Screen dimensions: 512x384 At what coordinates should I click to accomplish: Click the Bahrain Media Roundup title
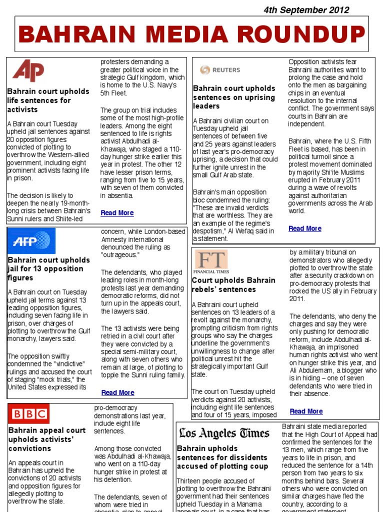(x=191, y=34)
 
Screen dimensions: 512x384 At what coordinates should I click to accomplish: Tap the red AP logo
(x=28, y=70)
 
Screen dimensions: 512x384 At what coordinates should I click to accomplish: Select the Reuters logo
(x=220, y=70)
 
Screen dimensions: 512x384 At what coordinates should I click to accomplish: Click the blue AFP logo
(x=31, y=241)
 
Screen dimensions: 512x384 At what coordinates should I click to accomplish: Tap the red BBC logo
(x=29, y=414)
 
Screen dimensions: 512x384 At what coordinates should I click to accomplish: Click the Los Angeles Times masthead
(x=224, y=433)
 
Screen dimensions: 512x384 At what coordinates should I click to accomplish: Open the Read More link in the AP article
(x=117, y=213)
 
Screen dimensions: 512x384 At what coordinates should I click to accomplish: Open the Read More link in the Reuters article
(x=304, y=228)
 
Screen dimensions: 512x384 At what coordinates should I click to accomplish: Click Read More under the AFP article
(x=117, y=392)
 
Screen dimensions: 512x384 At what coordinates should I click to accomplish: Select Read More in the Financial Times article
(x=306, y=411)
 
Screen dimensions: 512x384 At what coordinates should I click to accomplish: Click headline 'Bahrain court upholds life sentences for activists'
(x=41, y=100)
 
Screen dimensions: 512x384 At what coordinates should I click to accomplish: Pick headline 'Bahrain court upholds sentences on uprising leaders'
(x=234, y=97)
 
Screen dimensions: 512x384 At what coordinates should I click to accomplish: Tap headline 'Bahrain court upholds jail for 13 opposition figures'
(x=48, y=269)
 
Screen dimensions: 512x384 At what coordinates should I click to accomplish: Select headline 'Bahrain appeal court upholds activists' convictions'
(x=47, y=439)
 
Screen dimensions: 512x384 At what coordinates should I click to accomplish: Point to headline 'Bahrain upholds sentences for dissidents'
(x=222, y=457)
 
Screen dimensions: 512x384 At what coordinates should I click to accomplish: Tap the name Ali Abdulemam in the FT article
(x=310, y=370)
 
